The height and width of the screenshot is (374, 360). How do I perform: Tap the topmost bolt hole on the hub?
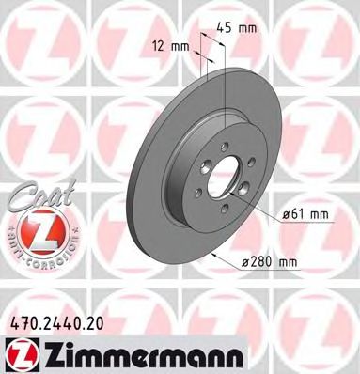pyautogui.click(x=225, y=144)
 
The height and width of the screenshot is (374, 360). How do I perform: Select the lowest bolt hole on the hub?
pyautogui.click(x=224, y=210)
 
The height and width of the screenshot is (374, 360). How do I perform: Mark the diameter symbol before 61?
pyautogui.click(x=287, y=215)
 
